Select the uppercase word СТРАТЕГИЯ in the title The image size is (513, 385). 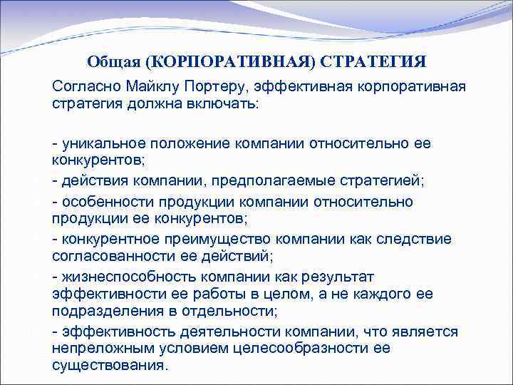pyautogui.click(x=373, y=63)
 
